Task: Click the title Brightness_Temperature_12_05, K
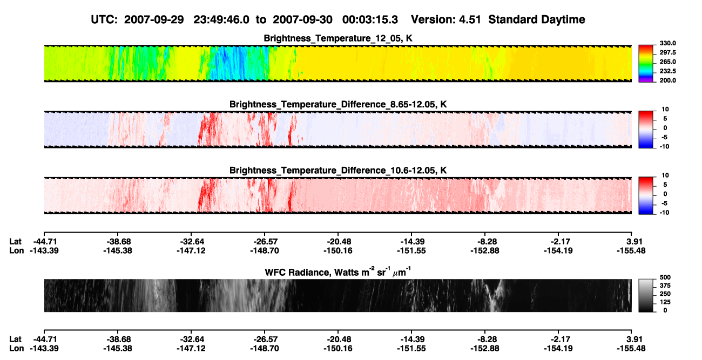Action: [338, 38]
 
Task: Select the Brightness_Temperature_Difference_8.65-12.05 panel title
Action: [338, 104]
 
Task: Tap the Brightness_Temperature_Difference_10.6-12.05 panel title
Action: [338, 171]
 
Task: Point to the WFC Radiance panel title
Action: [338, 271]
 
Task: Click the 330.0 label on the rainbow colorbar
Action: [667, 43]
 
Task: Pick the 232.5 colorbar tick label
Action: [667, 71]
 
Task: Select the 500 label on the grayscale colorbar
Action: [665, 277]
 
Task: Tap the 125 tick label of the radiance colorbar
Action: [665, 302]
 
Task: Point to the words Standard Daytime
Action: [537, 19]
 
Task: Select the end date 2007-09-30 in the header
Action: [302, 19]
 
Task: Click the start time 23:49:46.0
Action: [221, 19]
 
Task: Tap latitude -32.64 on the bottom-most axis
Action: [191, 339]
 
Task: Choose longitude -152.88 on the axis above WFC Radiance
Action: [484, 250]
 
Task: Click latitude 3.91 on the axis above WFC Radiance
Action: [634, 242]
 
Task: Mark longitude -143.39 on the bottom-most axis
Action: [44, 349]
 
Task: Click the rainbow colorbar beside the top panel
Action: [646, 64]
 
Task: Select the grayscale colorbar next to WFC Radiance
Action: [646, 295]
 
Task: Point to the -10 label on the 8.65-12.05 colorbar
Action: [665, 147]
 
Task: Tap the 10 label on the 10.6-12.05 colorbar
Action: [665, 175]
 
